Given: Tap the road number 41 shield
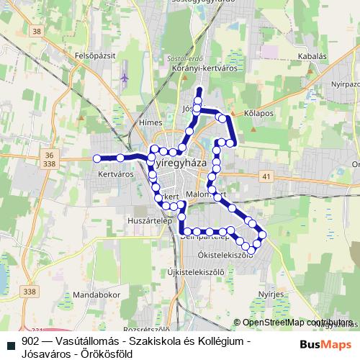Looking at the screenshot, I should [267, 176].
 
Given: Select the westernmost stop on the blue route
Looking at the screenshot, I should [96, 158].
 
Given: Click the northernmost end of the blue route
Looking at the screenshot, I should [199, 90].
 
